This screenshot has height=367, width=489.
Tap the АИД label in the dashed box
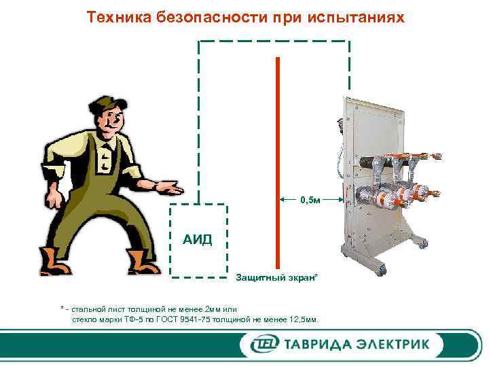pyautogui.click(x=198, y=239)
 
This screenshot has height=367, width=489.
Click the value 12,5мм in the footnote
pyautogui.click(x=302, y=319)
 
